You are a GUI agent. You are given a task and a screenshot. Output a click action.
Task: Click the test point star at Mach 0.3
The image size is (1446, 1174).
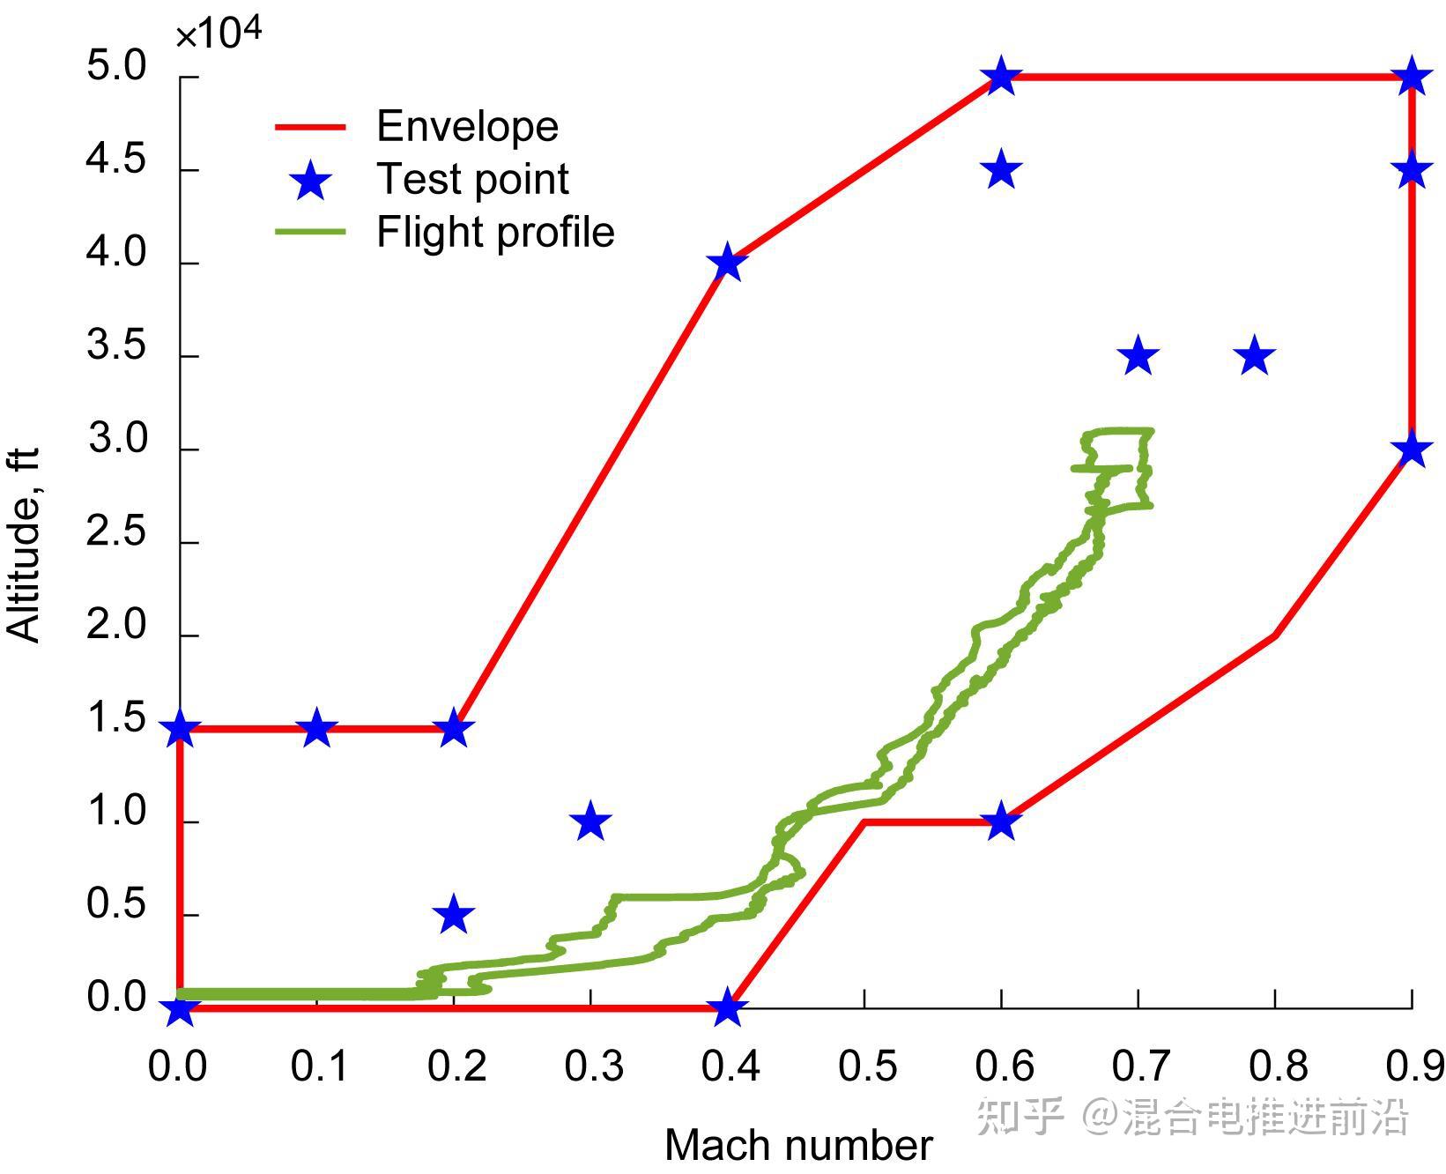590,822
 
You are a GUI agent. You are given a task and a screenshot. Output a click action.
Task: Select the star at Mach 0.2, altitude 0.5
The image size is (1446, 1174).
454,915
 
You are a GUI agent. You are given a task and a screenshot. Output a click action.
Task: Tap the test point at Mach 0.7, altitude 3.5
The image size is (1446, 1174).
1138,356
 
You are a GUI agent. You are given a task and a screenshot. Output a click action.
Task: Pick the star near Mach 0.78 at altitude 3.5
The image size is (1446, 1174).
1255,356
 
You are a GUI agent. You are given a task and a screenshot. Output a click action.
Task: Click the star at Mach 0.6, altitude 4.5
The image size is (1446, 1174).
1002,169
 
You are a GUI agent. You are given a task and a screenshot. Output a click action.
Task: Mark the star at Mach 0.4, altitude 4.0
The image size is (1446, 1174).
727,263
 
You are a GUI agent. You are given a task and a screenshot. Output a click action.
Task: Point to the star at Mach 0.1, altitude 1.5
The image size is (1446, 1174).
316,728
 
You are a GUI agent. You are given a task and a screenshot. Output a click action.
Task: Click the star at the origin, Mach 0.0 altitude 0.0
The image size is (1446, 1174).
180,1007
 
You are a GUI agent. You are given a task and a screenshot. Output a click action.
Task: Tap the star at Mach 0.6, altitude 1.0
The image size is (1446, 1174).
1002,822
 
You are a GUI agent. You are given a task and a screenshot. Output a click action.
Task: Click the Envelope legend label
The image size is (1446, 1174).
467,127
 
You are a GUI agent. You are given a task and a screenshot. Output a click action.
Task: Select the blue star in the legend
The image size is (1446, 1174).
311,181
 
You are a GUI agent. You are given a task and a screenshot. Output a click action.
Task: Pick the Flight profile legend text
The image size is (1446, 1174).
495,233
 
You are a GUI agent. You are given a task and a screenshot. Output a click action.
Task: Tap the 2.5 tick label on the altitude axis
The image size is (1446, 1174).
115,533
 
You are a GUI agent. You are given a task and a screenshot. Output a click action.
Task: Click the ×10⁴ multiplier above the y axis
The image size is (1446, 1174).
219,34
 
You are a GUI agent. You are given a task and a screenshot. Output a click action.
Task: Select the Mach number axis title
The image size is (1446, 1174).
798,1146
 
